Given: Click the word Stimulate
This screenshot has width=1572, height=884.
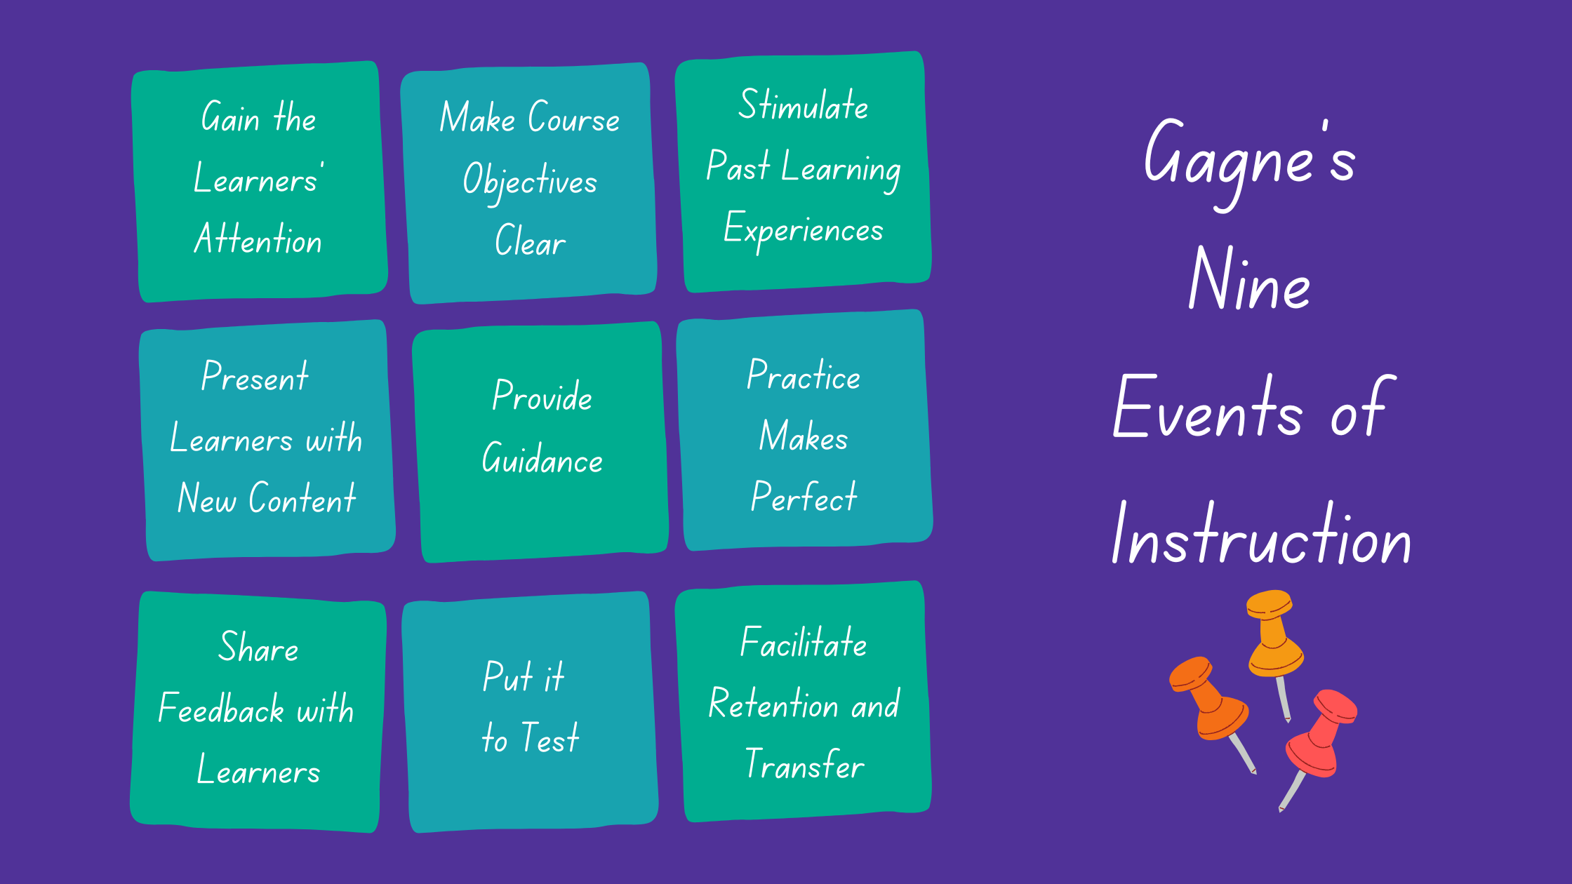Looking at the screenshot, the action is [804, 105].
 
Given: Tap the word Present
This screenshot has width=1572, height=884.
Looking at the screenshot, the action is [255, 376].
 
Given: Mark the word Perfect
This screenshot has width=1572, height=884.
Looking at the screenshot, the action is [804, 496].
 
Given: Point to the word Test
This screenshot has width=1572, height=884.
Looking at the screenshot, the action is [549, 737].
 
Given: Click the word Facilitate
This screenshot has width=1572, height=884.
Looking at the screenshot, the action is [804, 642].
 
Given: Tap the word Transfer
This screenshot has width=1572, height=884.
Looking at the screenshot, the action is [804, 764].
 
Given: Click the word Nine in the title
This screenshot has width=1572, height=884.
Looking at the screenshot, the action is [1249, 279].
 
